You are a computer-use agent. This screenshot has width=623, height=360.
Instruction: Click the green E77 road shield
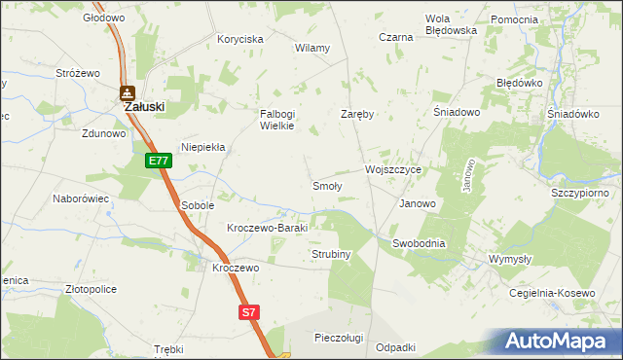pyautogui.click(x=160, y=162)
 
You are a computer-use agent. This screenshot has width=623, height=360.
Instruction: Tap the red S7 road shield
pyautogui.click(x=250, y=312)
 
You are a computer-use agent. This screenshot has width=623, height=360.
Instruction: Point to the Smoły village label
pyautogui.click(x=326, y=185)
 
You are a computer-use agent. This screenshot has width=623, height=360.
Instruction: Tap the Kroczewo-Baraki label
pyautogui.click(x=267, y=228)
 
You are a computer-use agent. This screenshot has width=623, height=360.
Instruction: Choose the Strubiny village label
pyautogui.click(x=331, y=254)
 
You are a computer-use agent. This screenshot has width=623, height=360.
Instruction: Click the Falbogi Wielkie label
pyautogui.click(x=276, y=120)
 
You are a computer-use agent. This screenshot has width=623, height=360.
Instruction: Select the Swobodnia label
pyautogui.click(x=419, y=243)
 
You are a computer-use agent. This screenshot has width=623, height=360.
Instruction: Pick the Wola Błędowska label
pyautogui.click(x=451, y=24)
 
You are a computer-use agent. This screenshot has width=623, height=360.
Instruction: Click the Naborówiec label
pyautogui.click(x=80, y=198)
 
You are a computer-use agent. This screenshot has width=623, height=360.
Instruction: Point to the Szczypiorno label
pyautogui.click(x=579, y=193)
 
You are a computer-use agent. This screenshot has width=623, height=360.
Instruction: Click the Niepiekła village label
pyautogui.click(x=202, y=147)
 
